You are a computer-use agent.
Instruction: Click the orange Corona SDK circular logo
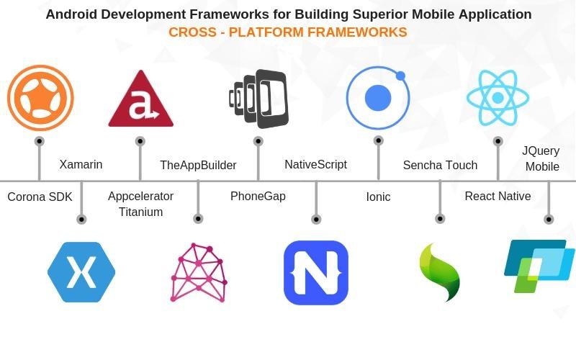[40, 98]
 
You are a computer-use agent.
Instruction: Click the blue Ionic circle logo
[378, 97]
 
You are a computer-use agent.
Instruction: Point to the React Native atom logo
[498, 98]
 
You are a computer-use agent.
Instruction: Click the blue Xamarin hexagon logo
[81, 272]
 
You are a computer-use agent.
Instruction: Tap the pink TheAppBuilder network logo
[199, 273]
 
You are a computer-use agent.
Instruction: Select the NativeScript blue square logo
[316, 273]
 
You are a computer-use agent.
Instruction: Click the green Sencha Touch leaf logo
[439, 272]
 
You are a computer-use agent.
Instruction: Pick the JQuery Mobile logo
[539, 266]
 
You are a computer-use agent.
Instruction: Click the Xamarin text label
[81, 165]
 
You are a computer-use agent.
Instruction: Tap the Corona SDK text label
[40, 197]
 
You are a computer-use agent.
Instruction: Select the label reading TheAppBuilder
[198, 166]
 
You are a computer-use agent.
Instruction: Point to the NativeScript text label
[315, 165]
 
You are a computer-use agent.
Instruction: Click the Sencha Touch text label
[440, 166]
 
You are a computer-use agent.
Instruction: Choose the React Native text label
[498, 197]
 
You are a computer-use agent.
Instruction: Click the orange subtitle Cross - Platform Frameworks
[288, 32]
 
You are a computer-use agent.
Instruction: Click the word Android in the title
[70, 14]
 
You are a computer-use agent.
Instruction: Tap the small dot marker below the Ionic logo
[378, 140]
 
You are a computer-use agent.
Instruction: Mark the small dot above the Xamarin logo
[81, 219]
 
